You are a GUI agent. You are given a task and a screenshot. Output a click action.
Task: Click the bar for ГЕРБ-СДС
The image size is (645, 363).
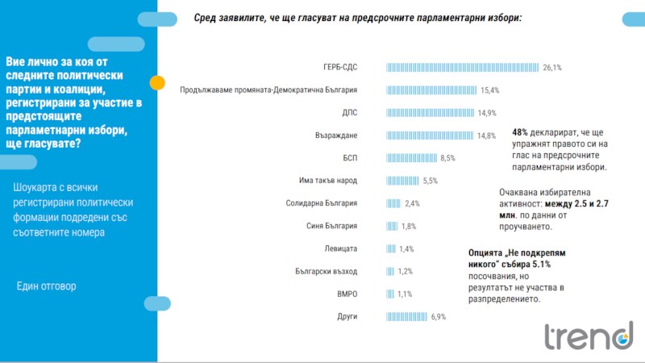coord(463,68)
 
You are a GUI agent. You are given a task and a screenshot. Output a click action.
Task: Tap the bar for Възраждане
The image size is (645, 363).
coord(431,136)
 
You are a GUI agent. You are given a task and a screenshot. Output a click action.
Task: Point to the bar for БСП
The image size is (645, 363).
coord(412,158)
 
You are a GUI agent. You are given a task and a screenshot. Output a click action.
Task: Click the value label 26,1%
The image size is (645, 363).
coord(552,68)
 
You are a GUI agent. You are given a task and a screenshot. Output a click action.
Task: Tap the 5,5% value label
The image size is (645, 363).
coord(431,181)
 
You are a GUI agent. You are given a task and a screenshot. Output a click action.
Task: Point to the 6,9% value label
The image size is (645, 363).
coord(439,317)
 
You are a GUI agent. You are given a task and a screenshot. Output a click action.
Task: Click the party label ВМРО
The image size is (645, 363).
coord(347,294)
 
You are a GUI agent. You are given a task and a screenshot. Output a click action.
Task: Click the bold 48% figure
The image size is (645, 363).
coord(521,132)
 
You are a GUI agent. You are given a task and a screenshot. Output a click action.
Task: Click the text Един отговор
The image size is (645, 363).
coord(47,286)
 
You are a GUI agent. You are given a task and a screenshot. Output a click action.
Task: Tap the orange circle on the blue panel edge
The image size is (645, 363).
coord(158,81)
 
